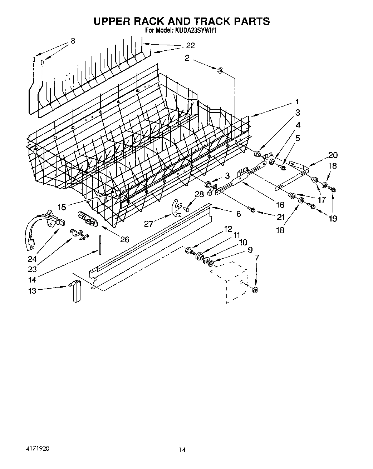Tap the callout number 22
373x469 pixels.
[190, 45]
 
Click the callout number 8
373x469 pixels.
[73, 41]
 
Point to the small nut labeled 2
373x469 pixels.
[220, 70]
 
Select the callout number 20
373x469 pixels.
[333, 155]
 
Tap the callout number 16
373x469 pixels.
[280, 205]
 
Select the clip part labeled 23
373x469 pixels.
[79, 234]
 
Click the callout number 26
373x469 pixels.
[124, 239]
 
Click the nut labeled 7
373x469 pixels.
[256, 289]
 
